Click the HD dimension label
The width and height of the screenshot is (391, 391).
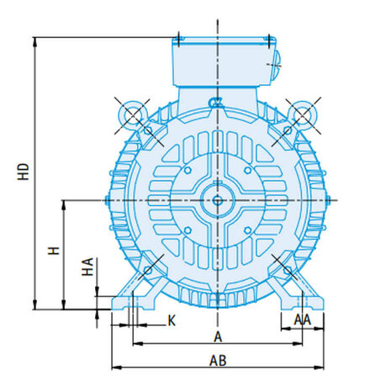coord(24,172)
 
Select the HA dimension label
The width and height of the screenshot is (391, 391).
coord(87,267)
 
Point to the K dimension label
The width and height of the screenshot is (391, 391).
coord(172,320)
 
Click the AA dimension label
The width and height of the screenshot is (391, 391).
coord(303,320)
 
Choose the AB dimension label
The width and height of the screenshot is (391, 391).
coord(218,361)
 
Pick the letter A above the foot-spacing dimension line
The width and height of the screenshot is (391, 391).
coord(218,337)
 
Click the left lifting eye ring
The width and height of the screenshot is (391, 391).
coord(132,115)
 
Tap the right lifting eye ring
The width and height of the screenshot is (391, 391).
coord(304,115)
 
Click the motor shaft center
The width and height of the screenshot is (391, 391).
coord(218,200)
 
